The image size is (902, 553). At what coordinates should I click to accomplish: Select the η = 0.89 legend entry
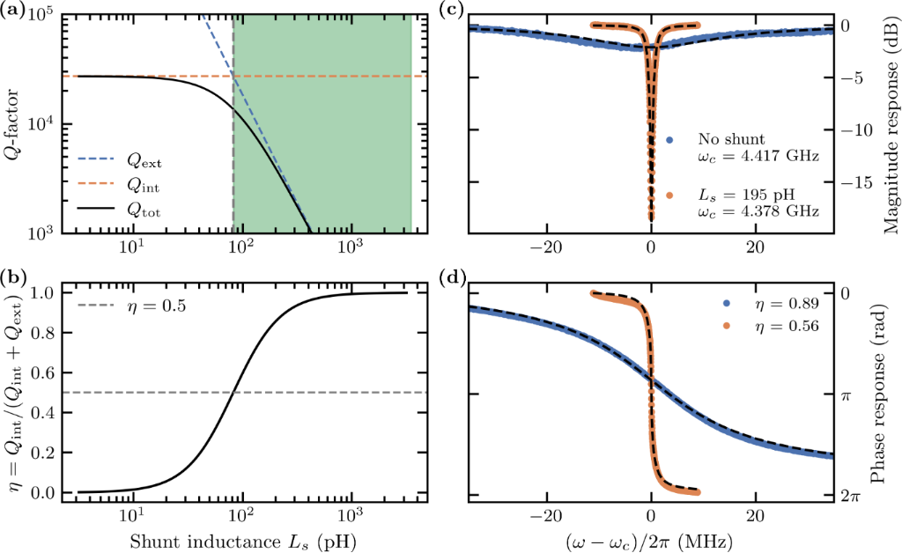point(776,303)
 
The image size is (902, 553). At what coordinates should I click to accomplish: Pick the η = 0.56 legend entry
point(776,325)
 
